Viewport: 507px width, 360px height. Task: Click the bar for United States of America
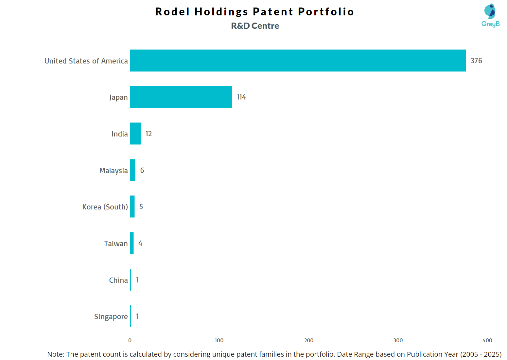(298, 61)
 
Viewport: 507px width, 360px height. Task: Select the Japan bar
(181, 97)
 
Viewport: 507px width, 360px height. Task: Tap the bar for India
(135, 134)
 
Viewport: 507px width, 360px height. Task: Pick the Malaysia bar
(132, 170)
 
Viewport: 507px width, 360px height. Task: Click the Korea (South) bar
(132, 207)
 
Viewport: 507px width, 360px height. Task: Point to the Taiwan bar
(132, 243)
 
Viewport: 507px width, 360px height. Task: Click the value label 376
(476, 61)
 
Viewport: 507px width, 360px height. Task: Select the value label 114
(241, 97)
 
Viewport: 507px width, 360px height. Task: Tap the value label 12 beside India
(149, 134)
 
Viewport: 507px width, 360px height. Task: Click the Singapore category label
(111, 316)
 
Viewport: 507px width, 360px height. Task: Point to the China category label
(118, 280)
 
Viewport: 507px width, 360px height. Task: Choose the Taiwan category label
(116, 243)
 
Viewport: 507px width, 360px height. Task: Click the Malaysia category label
(114, 171)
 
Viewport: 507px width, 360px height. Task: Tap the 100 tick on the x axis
(219, 340)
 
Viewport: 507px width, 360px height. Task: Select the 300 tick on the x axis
(398, 340)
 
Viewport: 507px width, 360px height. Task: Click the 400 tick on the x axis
(487, 340)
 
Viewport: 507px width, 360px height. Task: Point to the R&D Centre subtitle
(255, 26)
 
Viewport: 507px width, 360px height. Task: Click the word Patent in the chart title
(273, 12)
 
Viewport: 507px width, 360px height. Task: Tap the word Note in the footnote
(55, 354)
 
